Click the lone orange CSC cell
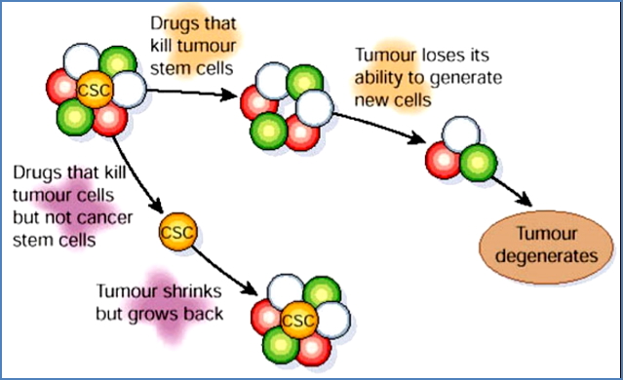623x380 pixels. (x=175, y=234)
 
